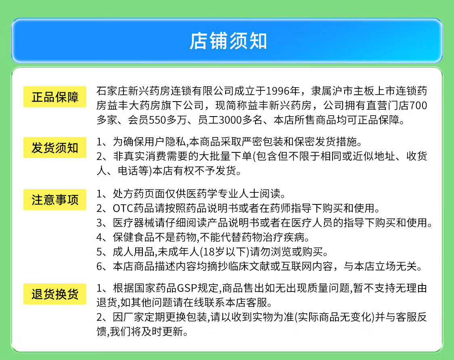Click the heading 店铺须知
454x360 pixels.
pyautogui.click(x=228, y=41)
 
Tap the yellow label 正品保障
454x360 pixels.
pyautogui.click(x=55, y=97)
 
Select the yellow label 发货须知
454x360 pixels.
pyautogui.click(x=55, y=148)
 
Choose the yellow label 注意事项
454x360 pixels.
pyautogui.click(x=55, y=200)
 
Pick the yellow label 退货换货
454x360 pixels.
pyautogui.click(x=55, y=294)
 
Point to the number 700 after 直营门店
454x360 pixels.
pyautogui.click(x=418, y=106)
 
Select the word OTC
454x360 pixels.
pyautogui.click(x=122, y=208)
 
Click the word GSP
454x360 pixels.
pyautogui.click(x=187, y=288)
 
